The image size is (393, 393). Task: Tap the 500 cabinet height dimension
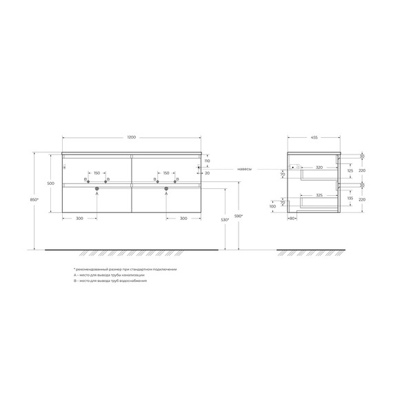pyautogui.click(x=50, y=183)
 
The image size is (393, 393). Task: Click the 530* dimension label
pyautogui.click(x=224, y=220)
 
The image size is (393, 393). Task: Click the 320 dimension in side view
pyautogui.click(x=319, y=167)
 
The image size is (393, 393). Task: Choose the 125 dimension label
pyautogui.click(x=350, y=170)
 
